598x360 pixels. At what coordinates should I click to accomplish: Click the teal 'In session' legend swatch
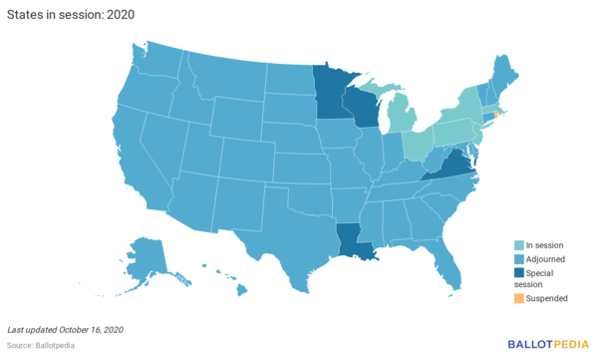coord(517,244)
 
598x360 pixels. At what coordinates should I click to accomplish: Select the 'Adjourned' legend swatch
coord(517,258)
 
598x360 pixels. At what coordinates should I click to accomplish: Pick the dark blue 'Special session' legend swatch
coord(517,272)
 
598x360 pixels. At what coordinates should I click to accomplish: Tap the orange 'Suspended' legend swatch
coord(517,298)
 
